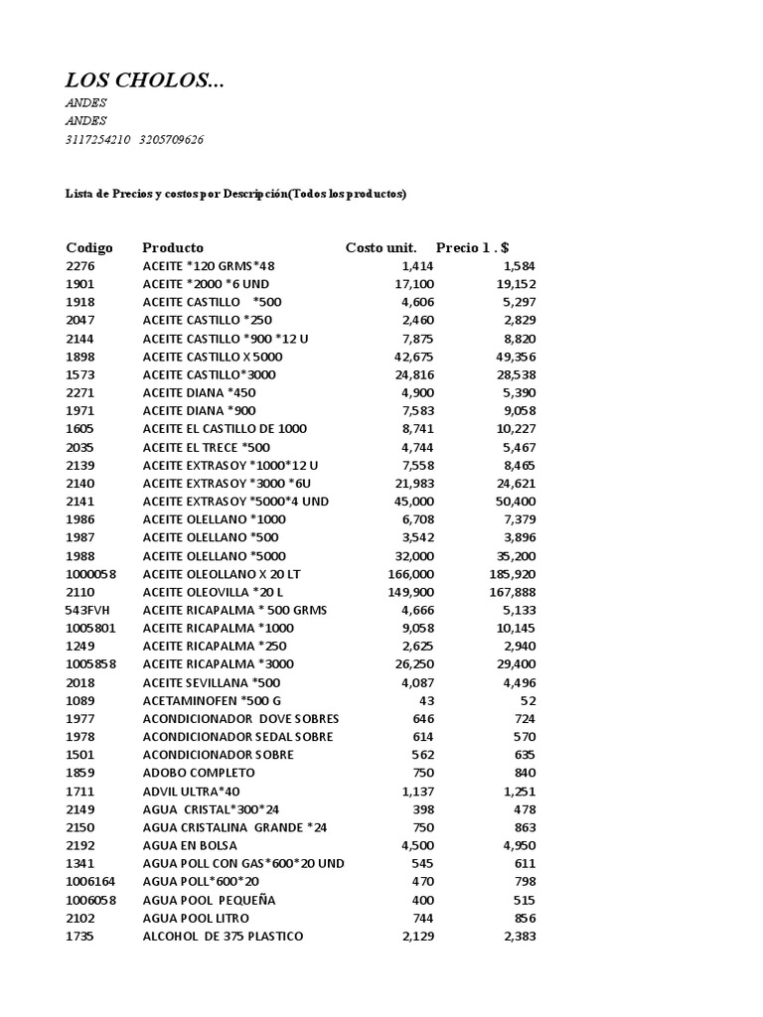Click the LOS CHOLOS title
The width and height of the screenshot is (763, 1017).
pos(145,80)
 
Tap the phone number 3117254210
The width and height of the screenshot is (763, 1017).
pos(97,139)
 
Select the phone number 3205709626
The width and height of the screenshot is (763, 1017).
pos(172,139)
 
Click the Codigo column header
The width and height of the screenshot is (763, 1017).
pos(89,247)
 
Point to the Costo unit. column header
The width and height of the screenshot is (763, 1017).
pos(381,247)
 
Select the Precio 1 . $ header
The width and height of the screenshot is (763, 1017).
pos(473,247)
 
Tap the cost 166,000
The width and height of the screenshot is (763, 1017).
pos(410,573)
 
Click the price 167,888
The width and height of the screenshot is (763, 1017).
pos(511,591)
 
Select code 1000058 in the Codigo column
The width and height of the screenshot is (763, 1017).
pos(91,573)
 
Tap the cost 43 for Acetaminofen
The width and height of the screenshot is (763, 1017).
pos(425,700)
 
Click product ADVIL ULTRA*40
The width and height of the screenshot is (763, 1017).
pos(192,791)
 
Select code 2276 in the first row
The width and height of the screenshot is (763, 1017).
pos(79,265)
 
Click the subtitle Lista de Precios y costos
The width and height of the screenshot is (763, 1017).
pos(236,194)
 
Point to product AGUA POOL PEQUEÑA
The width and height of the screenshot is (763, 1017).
pos(209,900)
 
